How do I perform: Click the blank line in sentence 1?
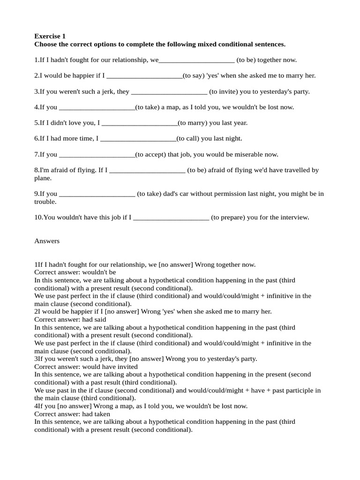point(197,60)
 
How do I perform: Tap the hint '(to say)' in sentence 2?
point(193,75)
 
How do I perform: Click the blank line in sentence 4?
point(97,108)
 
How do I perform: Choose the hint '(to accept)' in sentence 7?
point(150,154)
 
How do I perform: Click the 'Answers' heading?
point(47,241)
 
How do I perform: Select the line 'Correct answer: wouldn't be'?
point(75,272)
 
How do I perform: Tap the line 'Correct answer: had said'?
point(69,319)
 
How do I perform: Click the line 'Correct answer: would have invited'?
point(86,367)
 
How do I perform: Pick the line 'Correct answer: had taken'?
point(72,414)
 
